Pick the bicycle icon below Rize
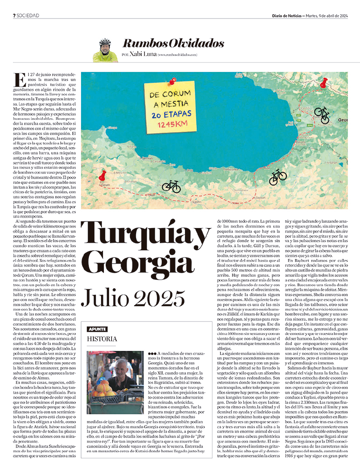point(277,177)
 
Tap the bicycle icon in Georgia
point(322,114)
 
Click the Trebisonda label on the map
point(233,168)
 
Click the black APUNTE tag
point(97,316)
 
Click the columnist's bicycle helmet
point(105,42)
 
